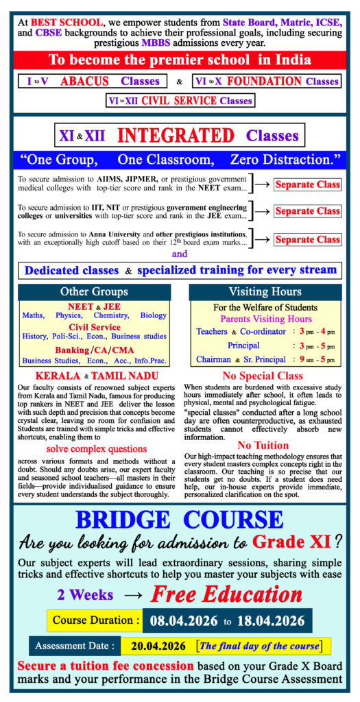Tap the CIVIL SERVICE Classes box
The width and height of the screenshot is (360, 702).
coord(180,101)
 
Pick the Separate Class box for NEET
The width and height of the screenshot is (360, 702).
coord(307,184)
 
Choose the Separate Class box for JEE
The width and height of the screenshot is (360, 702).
coord(307,211)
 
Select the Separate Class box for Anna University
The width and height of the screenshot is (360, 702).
coord(307,239)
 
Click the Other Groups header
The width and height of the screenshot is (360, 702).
coord(94,291)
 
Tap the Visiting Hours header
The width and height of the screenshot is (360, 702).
coord(265,291)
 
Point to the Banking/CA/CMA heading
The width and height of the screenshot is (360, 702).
coord(94,350)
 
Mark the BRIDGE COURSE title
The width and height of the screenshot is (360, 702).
coord(179,520)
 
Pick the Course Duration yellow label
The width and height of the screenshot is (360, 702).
coord(94,620)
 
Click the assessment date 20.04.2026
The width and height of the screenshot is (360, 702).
coord(156,646)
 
